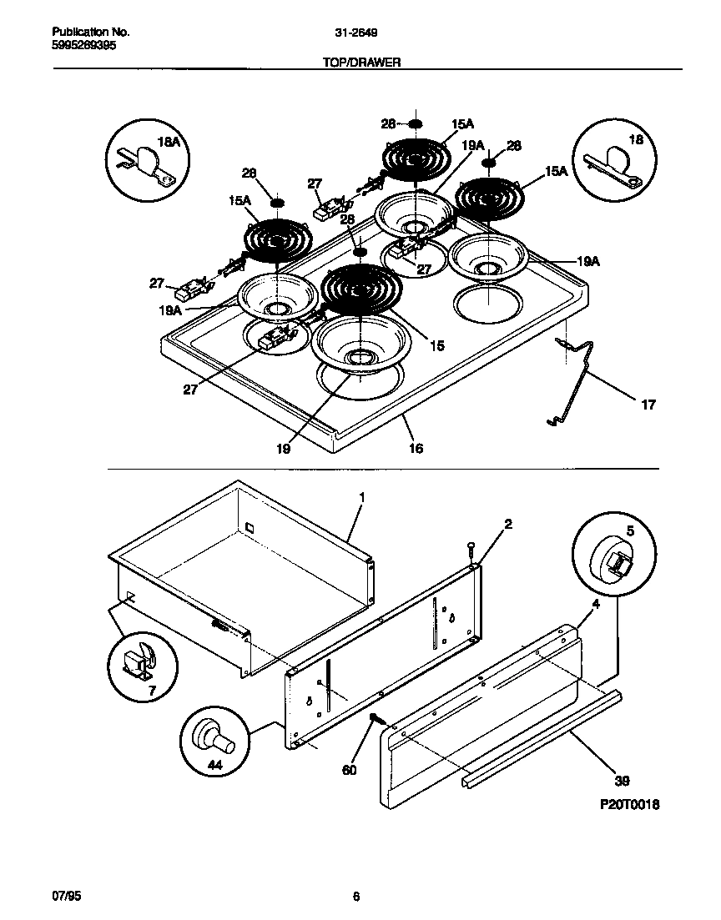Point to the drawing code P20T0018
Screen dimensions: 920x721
(x=624, y=807)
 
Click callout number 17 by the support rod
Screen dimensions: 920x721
(x=648, y=405)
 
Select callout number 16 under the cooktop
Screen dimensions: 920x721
(x=416, y=448)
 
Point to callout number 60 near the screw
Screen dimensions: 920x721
(x=349, y=770)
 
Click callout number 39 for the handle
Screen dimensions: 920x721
(x=622, y=782)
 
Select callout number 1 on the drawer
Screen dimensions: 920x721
(x=361, y=497)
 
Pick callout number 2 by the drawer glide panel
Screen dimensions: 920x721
(x=507, y=524)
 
